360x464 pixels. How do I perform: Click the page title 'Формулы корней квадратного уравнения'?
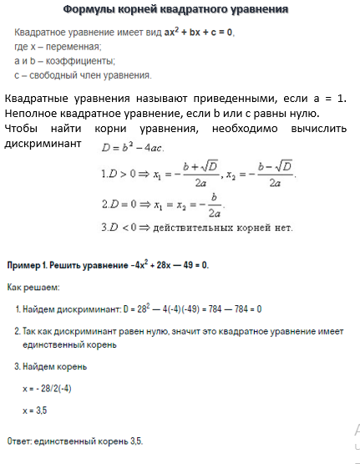pos(176,9)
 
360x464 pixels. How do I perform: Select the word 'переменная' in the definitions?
pos(75,46)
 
